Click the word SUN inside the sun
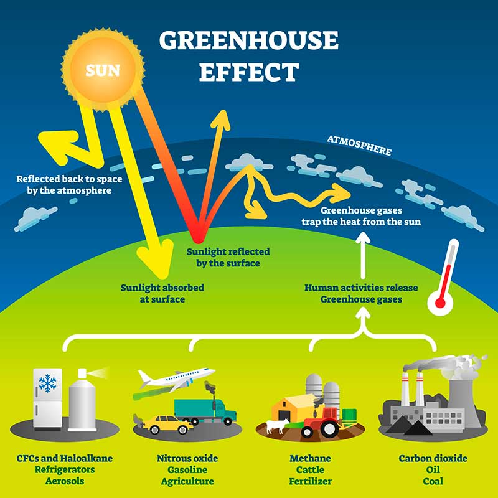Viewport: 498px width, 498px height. [103, 70]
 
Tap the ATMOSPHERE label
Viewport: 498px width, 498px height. [359, 146]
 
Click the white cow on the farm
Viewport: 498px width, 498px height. [277, 426]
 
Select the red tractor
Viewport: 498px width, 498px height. [321, 423]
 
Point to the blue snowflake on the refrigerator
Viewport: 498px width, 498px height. [47, 383]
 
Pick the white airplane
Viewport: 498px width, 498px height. [177, 379]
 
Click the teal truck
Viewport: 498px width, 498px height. [205, 411]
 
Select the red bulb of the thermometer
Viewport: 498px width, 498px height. [440, 303]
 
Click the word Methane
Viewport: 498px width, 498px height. [310, 458]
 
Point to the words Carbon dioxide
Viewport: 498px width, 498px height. [433, 458]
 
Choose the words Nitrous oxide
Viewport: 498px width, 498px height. [187, 458]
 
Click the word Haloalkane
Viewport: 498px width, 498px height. [86, 458]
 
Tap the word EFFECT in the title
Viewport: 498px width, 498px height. [249, 72]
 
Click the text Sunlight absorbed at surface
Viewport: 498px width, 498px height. [162, 293]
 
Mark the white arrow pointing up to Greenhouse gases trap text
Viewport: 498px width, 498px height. [363, 255]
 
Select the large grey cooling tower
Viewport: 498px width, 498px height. [464, 401]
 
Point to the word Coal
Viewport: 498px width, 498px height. [433, 481]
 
